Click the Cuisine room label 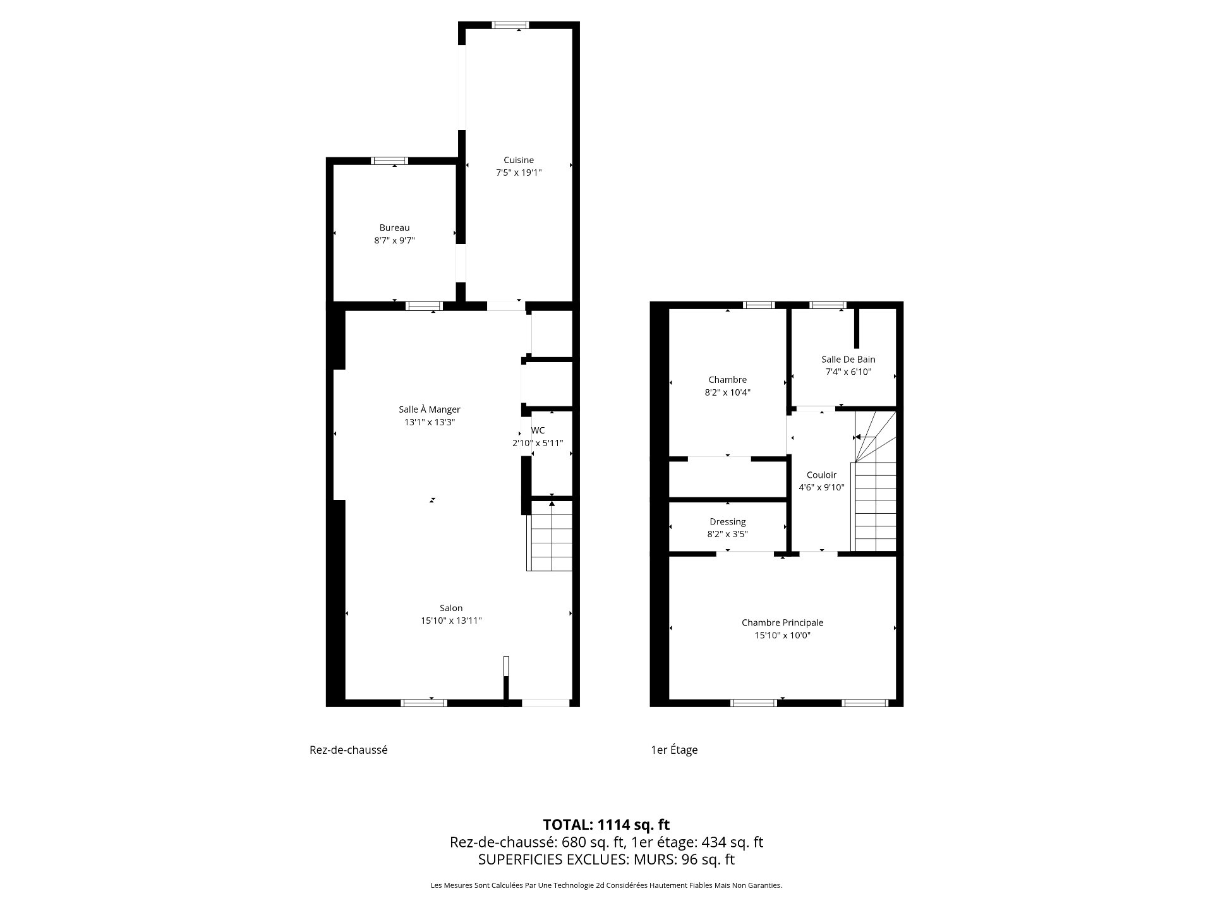pos(519,160)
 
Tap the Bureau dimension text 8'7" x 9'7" pos(394,240)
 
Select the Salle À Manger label pos(430,409)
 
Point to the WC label pos(538,430)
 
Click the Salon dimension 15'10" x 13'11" pos(451,621)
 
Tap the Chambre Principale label pos(782,622)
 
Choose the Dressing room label pos(727,522)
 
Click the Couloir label pos(821,475)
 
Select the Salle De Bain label pos(848,359)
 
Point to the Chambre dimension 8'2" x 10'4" pos(727,392)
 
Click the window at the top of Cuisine pos(510,25)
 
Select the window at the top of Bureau pos(389,161)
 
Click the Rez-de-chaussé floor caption pos(348,750)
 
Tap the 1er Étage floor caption pos(674,750)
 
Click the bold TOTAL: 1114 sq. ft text pos(606,825)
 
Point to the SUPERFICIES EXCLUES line pos(606,859)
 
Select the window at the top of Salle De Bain pos(828,305)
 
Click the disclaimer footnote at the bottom pos(606,885)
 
